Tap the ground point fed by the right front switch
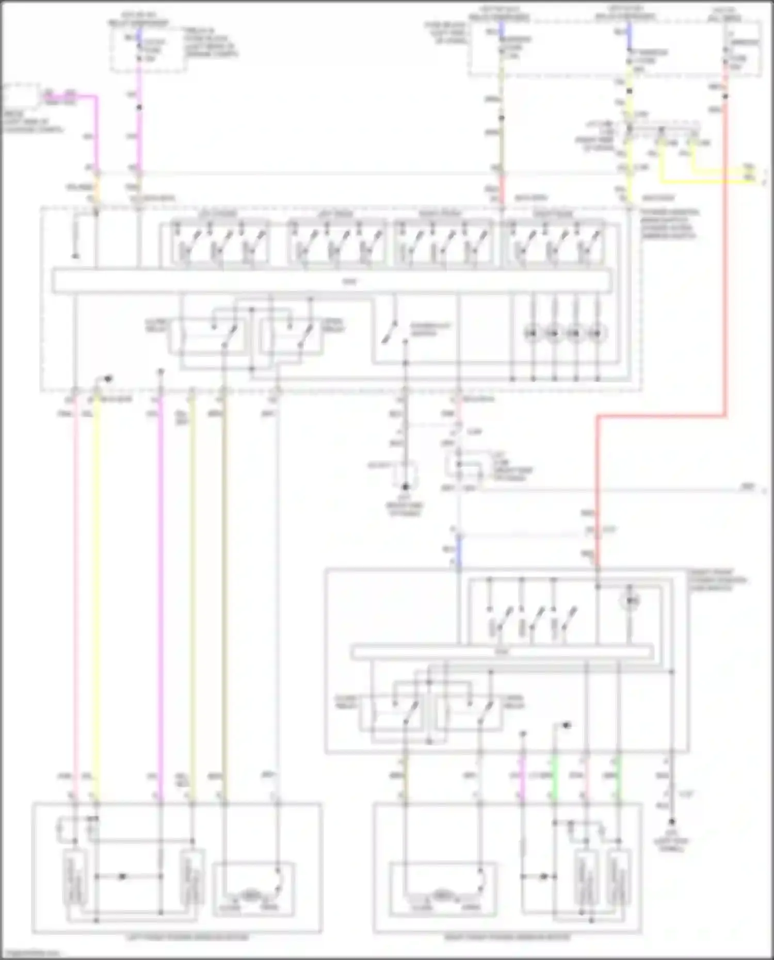672,821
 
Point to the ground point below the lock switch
406,486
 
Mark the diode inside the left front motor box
122,876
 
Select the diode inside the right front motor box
543,876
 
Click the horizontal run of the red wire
660,415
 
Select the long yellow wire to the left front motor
96,593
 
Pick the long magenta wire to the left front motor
160,593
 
